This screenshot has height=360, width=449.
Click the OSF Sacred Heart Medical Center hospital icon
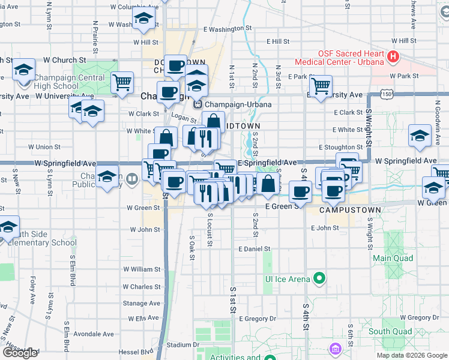[x=393, y=58]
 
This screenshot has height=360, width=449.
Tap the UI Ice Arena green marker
[x=320, y=278]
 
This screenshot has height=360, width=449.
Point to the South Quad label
[x=390, y=331]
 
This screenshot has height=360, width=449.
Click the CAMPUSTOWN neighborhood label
[x=342, y=211]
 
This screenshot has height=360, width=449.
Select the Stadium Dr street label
[x=183, y=345]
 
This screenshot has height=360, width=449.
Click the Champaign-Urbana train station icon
[x=196, y=104]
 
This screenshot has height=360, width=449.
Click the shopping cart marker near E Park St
[x=321, y=85]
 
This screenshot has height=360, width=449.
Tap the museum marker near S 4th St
[x=334, y=348]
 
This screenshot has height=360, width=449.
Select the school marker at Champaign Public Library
[x=107, y=178]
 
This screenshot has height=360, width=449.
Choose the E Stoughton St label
[x=340, y=147]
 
